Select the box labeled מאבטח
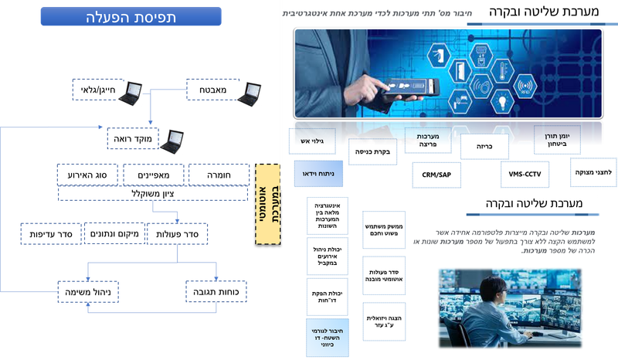210,91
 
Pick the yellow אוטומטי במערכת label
267,202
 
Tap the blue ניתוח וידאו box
318,175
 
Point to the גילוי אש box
318,140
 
